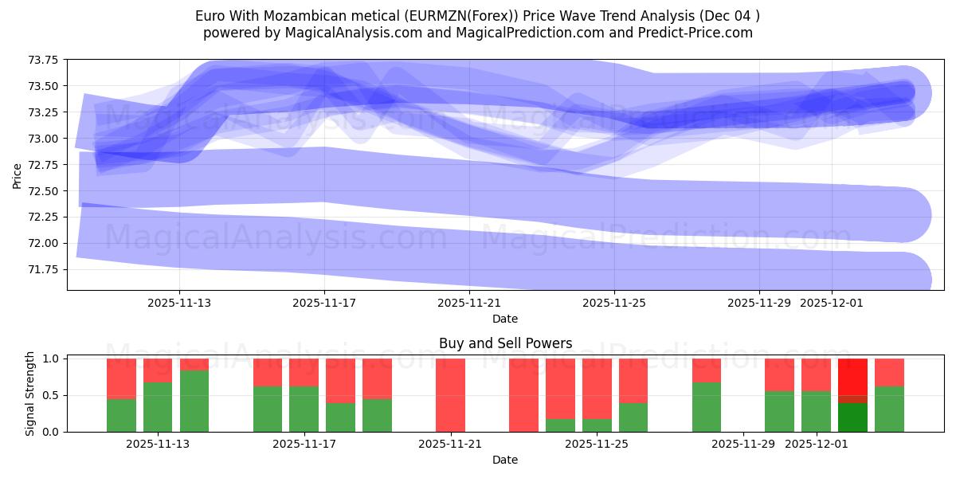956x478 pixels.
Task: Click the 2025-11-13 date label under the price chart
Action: tap(179, 303)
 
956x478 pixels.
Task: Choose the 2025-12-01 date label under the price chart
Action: tap(832, 303)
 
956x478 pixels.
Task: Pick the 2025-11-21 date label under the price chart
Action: tap(469, 303)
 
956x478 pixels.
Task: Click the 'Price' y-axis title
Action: tap(18, 174)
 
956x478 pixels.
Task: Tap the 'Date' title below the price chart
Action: tap(504, 319)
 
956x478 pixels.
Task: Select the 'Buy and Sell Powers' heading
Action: tap(505, 343)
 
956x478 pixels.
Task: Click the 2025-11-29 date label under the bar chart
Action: tap(742, 444)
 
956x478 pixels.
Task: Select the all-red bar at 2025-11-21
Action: tap(450, 395)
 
